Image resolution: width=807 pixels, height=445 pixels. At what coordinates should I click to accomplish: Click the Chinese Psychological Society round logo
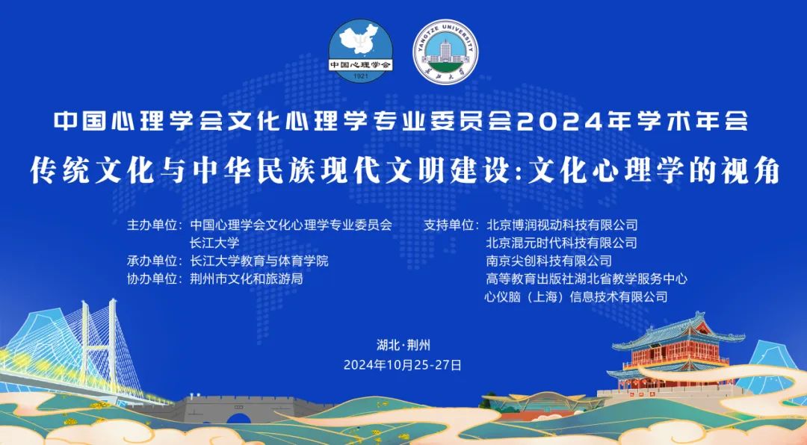point(361,51)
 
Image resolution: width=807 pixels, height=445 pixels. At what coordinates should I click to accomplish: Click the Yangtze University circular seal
point(445,51)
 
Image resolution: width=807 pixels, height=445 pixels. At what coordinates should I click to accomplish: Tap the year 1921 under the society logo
point(361,76)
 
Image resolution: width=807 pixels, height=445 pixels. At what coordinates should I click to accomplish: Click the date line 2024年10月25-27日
point(403,365)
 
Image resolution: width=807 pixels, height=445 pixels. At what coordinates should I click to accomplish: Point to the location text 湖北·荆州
point(403,345)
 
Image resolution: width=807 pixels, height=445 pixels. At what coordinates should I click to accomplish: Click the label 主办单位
point(152,225)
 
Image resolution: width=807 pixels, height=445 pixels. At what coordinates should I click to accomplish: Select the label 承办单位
point(152,261)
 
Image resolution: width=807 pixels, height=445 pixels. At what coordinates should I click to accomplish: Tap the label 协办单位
point(152,278)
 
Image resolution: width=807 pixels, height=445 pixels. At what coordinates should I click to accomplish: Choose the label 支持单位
point(448,225)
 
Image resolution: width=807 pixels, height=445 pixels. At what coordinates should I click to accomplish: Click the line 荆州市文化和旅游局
point(247,278)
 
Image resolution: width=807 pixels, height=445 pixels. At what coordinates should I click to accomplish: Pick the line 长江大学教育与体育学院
point(259,261)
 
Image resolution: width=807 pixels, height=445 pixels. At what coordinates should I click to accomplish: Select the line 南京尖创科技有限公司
point(549,261)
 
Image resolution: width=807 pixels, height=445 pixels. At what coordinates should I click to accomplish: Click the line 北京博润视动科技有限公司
point(562,225)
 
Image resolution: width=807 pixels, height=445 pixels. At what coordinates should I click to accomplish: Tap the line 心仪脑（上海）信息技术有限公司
point(576,297)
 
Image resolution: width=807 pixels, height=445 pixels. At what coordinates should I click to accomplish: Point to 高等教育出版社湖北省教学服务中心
point(587,278)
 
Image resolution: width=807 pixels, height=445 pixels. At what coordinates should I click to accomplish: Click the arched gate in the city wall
point(238,417)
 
